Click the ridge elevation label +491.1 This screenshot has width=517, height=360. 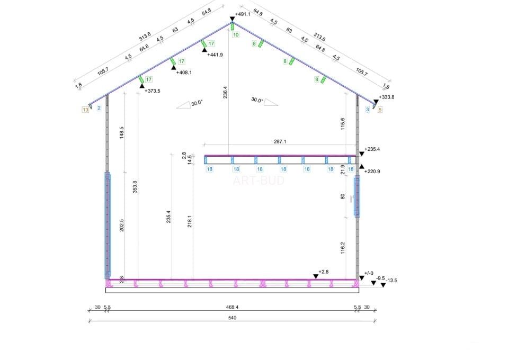pos(243,14)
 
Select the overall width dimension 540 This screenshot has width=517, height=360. pos(232,318)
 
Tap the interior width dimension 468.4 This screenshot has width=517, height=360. pos(232,307)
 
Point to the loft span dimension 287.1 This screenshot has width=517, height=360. pos(280,141)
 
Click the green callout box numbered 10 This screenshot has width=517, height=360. pos(235,34)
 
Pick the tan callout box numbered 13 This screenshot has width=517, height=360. pos(85,110)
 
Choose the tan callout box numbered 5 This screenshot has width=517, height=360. pos(380,110)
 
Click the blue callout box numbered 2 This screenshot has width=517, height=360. pos(99,108)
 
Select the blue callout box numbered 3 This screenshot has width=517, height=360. pos(368,110)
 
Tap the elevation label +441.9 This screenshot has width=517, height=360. pos(215,55)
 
